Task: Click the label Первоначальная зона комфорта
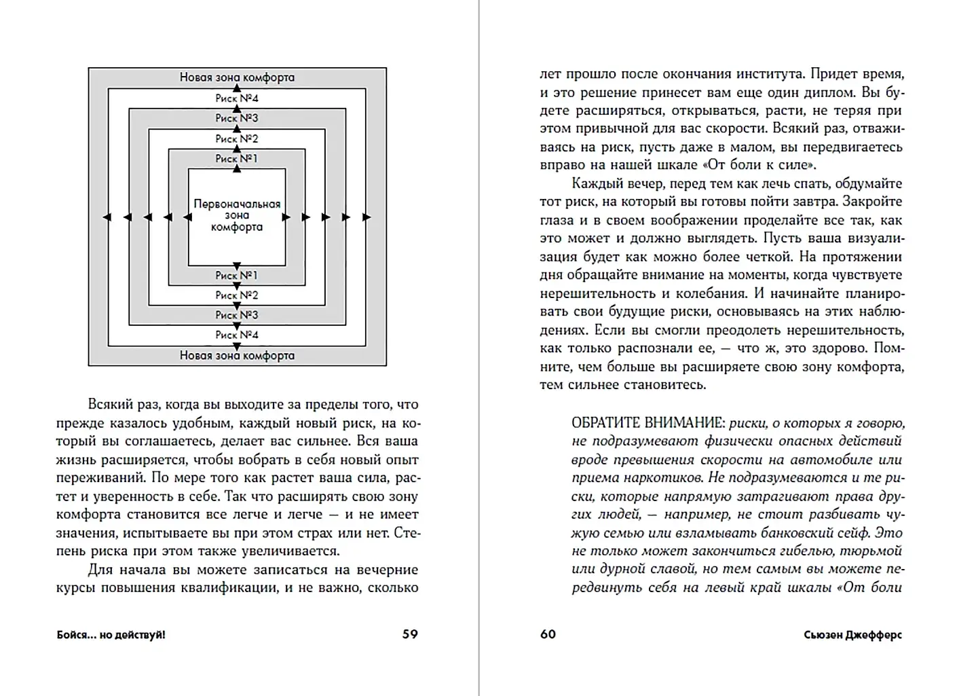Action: coord(237,215)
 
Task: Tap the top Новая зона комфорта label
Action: coord(237,77)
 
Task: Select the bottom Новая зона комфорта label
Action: coord(237,355)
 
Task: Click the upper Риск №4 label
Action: coord(237,98)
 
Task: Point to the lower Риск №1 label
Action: coord(237,276)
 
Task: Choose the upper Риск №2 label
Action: coord(237,139)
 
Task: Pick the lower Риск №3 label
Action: coord(237,315)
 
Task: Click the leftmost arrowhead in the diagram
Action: coord(107,217)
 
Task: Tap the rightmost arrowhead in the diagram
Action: coord(367,217)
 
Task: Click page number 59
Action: coord(410,634)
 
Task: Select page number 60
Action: coord(548,634)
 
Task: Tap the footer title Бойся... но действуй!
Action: coord(111,635)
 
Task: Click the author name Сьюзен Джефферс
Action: coord(852,635)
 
